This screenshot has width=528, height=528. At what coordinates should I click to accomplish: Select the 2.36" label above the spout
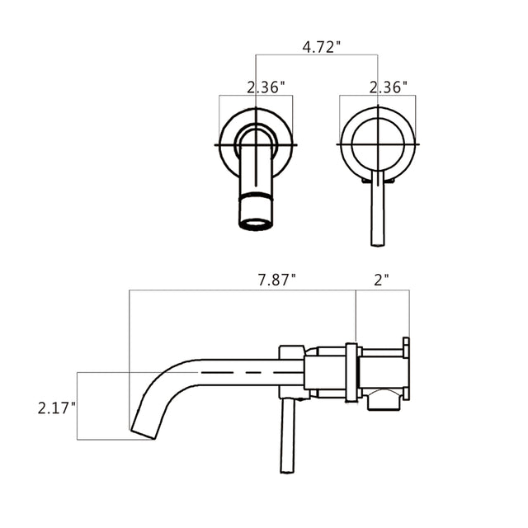pyautogui.click(x=266, y=87)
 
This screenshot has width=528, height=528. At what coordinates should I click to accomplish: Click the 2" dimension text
pyautogui.click(x=380, y=280)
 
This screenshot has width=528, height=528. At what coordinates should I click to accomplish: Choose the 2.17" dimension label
pyautogui.click(x=57, y=408)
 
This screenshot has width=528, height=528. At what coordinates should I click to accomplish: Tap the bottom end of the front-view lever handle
pyautogui.click(x=378, y=241)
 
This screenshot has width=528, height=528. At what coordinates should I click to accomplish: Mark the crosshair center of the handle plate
pyautogui.click(x=378, y=144)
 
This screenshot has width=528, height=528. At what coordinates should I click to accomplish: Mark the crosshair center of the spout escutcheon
pyautogui.click(x=256, y=144)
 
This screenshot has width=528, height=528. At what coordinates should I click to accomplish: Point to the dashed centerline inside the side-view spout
pyautogui.click(x=239, y=373)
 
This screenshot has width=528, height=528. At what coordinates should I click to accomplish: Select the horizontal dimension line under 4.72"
pyautogui.click(x=318, y=56)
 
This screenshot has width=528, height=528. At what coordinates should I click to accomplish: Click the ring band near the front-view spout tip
pyautogui.click(x=256, y=200)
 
